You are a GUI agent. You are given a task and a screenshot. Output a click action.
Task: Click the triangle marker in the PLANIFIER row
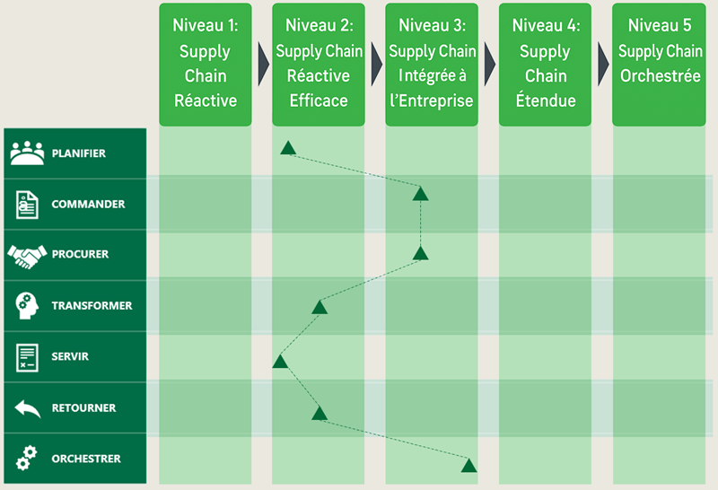[288, 148]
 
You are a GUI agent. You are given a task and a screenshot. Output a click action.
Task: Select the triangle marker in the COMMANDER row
[420, 194]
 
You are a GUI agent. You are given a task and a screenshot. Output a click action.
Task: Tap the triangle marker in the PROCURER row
[420, 253]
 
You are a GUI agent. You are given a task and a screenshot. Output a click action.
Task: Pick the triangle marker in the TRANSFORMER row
[320, 307]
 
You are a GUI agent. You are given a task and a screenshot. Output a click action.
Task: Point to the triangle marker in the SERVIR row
[280, 362]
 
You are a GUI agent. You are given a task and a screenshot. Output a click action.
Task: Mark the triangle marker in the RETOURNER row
[320, 413]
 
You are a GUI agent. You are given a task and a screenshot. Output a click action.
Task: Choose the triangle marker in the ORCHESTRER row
[468, 465]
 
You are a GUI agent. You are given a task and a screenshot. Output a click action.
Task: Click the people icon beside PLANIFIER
[27, 153]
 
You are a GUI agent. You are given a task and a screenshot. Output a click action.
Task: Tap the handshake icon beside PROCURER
[27, 256]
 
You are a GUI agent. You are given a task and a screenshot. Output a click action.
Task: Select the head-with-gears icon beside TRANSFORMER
[27, 306]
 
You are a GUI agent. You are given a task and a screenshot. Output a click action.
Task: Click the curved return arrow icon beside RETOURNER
[28, 408]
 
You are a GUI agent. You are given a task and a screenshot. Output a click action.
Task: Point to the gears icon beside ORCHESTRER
[26, 458]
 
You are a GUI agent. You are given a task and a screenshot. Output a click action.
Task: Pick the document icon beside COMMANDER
[27, 205]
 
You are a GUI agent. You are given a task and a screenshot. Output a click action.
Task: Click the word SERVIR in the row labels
[70, 356]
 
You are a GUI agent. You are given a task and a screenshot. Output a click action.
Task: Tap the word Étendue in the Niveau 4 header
[546, 100]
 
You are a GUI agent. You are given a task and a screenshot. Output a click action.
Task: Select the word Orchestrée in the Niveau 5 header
[661, 75]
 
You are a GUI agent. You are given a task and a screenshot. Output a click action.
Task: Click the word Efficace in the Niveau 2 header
[319, 101]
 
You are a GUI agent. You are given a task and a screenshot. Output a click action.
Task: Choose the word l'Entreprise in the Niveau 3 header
[432, 101]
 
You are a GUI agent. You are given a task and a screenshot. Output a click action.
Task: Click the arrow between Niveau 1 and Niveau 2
[263, 64]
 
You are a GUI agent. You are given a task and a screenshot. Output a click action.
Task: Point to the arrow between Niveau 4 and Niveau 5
[603, 64]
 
